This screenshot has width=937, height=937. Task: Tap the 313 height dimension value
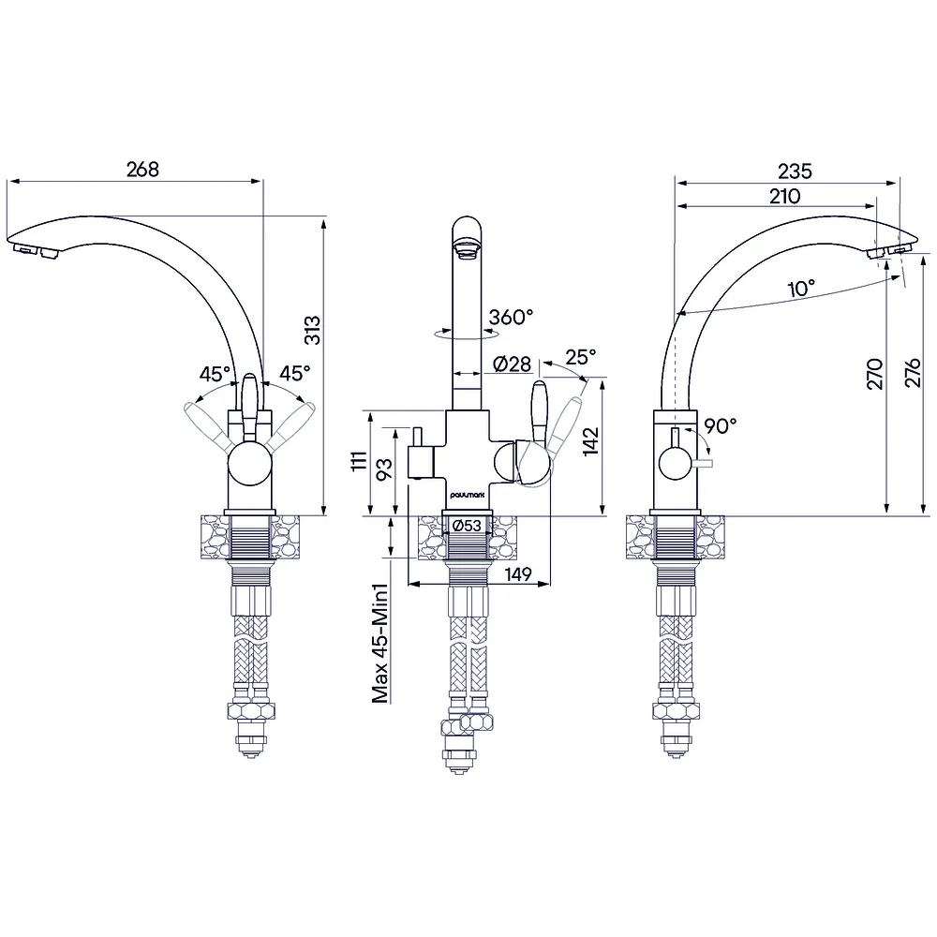313,331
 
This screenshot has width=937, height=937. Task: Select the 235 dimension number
795,171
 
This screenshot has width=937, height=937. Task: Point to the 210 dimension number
784,196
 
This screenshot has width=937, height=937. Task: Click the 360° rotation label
511,317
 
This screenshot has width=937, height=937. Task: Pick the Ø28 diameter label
513,364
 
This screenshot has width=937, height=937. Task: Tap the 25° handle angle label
580,357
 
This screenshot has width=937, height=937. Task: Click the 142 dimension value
590,441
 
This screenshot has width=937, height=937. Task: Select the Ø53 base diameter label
467,526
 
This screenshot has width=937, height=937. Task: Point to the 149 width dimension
518,574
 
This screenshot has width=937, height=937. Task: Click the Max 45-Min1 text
380,643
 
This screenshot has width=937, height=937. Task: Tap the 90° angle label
720,426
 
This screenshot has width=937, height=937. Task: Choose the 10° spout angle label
801,289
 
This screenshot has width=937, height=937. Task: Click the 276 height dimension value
913,373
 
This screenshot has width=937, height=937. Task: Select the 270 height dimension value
875,374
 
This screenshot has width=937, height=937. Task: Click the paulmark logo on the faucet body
468,495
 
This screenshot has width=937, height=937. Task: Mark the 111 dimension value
359,461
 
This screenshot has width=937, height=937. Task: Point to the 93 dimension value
385,468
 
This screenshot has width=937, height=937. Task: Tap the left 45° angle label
215,374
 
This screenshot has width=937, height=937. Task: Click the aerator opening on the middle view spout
467,248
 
